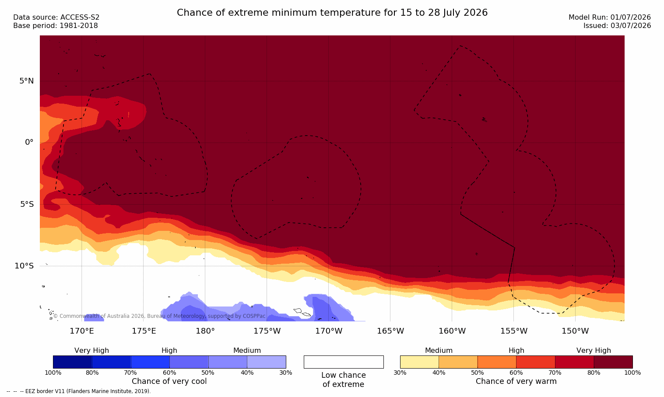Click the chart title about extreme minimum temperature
(x=332, y=13)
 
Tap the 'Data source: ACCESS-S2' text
(x=56, y=17)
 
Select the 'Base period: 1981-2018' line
(x=56, y=26)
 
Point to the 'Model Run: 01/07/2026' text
(x=609, y=17)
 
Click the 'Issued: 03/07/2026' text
(x=617, y=26)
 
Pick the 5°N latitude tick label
(x=27, y=81)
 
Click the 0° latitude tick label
(x=29, y=143)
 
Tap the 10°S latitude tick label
(x=25, y=266)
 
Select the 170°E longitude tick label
(x=82, y=331)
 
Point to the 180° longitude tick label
(x=205, y=331)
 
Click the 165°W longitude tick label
(x=390, y=331)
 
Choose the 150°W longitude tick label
(x=576, y=331)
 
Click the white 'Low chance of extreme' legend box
(x=344, y=362)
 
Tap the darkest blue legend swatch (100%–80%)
(x=73, y=362)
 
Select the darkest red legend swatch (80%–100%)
(x=613, y=362)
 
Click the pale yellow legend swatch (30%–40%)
(x=419, y=362)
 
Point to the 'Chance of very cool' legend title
(x=169, y=381)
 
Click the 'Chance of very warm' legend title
(x=516, y=381)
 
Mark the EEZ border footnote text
(x=78, y=391)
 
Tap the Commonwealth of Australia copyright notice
(x=159, y=316)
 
